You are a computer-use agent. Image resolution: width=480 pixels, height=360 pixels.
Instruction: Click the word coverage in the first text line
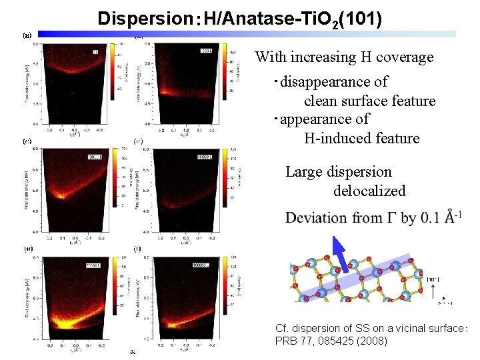click(x=403, y=57)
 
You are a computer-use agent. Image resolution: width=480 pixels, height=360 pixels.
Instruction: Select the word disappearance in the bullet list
click(x=334, y=82)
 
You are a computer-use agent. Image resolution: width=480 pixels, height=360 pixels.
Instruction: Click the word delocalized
click(x=369, y=191)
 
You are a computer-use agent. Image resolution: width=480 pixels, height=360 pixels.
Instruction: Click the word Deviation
click(x=317, y=218)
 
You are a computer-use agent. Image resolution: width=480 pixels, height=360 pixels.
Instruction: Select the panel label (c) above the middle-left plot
click(x=27, y=141)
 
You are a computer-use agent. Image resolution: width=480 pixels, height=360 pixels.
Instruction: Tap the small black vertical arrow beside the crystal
click(x=435, y=291)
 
